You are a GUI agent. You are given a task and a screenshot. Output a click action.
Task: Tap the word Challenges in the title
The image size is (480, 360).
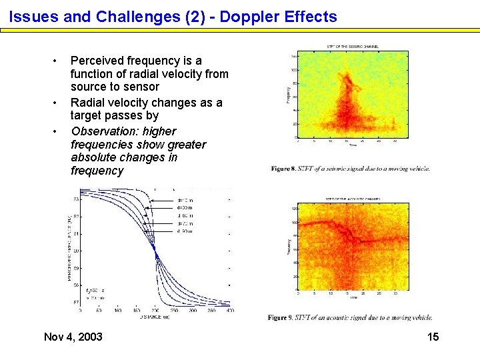point(133,17)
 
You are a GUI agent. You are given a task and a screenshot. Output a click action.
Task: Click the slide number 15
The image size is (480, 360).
point(433,337)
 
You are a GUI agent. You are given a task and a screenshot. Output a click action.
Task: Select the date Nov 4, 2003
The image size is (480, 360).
point(73,337)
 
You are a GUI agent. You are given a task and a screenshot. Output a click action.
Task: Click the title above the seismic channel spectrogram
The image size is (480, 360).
point(353,46)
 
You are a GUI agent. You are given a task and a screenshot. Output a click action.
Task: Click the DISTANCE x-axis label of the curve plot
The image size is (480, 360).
point(155,317)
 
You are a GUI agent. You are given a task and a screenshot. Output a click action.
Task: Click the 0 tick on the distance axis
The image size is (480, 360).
point(81,310)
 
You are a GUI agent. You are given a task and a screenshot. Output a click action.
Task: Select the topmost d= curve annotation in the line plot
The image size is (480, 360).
point(185,200)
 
